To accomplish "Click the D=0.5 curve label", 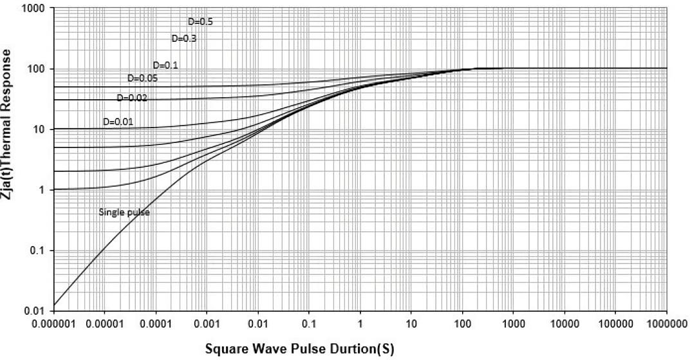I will click(x=200, y=22).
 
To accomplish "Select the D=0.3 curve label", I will click(x=183, y=39).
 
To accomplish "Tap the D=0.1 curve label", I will click(x=165, y=65).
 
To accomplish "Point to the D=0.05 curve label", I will click(x=142, y=79).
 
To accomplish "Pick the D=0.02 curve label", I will click(x=132, y=98).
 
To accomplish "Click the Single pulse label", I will click(x=124, y=212).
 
